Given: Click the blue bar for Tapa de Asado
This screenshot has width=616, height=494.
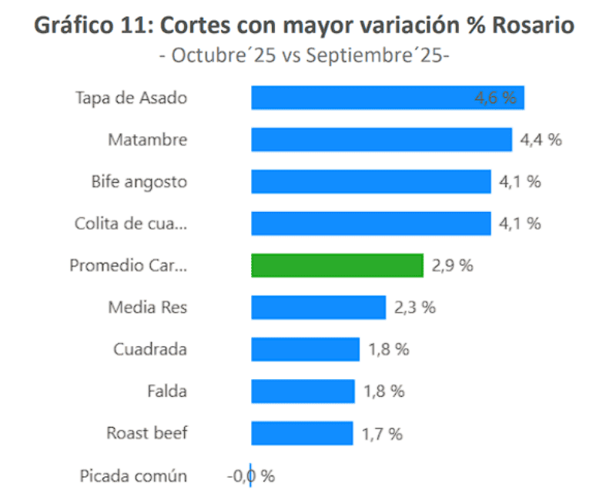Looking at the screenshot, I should [362, 98].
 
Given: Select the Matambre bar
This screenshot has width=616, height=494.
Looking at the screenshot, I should [381, 139].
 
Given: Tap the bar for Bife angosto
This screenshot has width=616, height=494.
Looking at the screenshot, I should [370, 182].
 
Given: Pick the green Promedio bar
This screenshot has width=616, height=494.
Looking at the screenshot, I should [336, 265].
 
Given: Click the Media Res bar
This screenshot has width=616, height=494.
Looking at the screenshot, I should [318, 307].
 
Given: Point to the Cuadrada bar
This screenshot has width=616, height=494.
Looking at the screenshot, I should [305, 349].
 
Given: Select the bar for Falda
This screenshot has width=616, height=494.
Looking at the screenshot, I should [303, 391].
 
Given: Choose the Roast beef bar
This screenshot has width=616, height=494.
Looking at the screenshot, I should [302, 433].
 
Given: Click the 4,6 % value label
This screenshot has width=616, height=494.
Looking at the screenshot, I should [495, 98].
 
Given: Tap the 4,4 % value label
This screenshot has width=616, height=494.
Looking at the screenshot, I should [541, 140].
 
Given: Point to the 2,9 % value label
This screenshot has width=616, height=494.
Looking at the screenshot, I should [452, 266].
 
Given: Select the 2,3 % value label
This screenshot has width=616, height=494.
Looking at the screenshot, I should [414, 307].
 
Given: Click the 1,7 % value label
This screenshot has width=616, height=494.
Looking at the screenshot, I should [382, 434].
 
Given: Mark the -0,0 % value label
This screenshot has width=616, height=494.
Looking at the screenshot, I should [250, 476].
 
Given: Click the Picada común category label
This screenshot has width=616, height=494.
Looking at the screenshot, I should [133, 476].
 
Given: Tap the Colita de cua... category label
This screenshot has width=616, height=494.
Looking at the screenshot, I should [131, 223].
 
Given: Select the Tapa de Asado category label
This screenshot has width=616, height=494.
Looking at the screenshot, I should [131, 98].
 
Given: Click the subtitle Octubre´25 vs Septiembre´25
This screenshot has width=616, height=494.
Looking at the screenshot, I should [304, 55].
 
